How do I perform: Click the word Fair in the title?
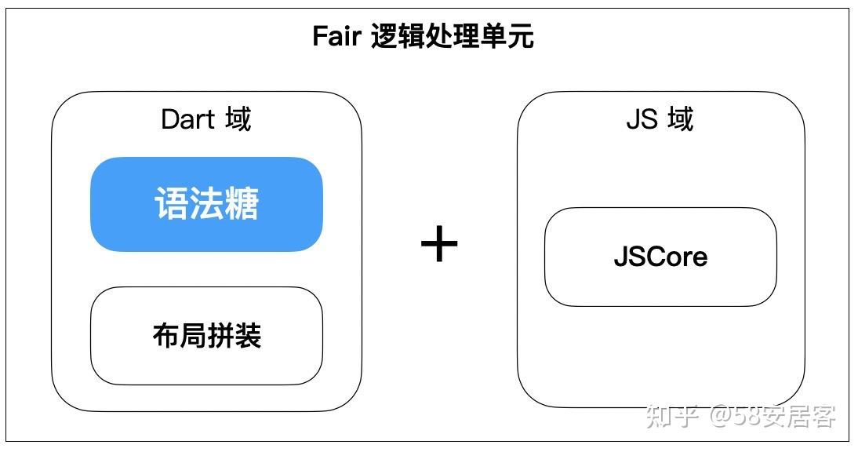pyautogui.click(x=336, y=37)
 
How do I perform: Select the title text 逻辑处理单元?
pyautogui.click(x=453, y=37)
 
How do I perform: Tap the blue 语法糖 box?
pyautogui.click(x=206, y=204)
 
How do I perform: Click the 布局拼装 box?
pyautogui.click(x=206, y=336)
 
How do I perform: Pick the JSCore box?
pyautogui.click(x=660, y=257)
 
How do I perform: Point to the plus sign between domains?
pyautogui.click(x=439, y=244)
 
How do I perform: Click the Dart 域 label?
pyautogui.click(x=205, y=119)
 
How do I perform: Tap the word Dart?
pyautogui.click(x=187, y=119)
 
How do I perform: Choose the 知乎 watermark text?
pyautogui.click(x=672, y=416)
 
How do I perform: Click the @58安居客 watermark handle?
pyautogui.click(x=773, y=416)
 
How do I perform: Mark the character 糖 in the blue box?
pyautogui.click(x=241, y=204)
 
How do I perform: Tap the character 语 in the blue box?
pyautogui.click(x=171, y=204)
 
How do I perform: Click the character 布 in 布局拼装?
pyautogui.click(x=165, y=336)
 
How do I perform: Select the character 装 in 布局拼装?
pyautogui.click(x=248, y=336)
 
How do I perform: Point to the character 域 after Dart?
pyautogui.click(x=237, y=119)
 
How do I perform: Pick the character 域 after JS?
pyautogui.click(x=679, y=119)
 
